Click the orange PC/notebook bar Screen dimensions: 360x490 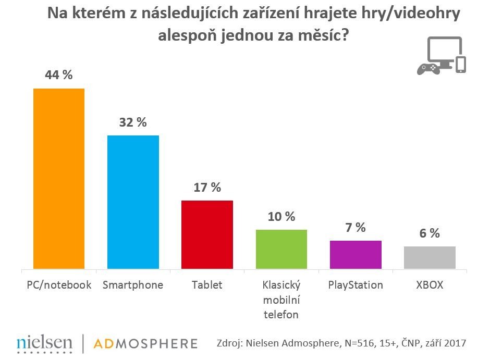[59, 179]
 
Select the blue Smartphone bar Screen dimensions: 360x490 [133, 202]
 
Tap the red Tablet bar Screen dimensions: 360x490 [207, 234]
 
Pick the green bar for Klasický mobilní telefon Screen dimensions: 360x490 [281, 249]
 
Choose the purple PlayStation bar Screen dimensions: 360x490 [356, 255]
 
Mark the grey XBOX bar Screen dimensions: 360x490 [430, 257]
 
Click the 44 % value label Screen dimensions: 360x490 [59, 75]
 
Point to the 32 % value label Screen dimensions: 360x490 [133, 122]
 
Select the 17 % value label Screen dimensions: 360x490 [207, 188]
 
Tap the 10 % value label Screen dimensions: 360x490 [281, 216]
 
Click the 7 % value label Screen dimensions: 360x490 [356, 228]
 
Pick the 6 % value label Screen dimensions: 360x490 [430, 233]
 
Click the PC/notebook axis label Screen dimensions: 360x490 [59, 285]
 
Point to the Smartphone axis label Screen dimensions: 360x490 [133, 285]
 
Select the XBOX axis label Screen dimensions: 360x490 [430, 285]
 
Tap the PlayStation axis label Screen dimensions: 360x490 [356, 285]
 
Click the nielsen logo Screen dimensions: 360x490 [44, 342]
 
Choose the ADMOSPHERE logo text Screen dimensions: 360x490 [145, 343]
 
